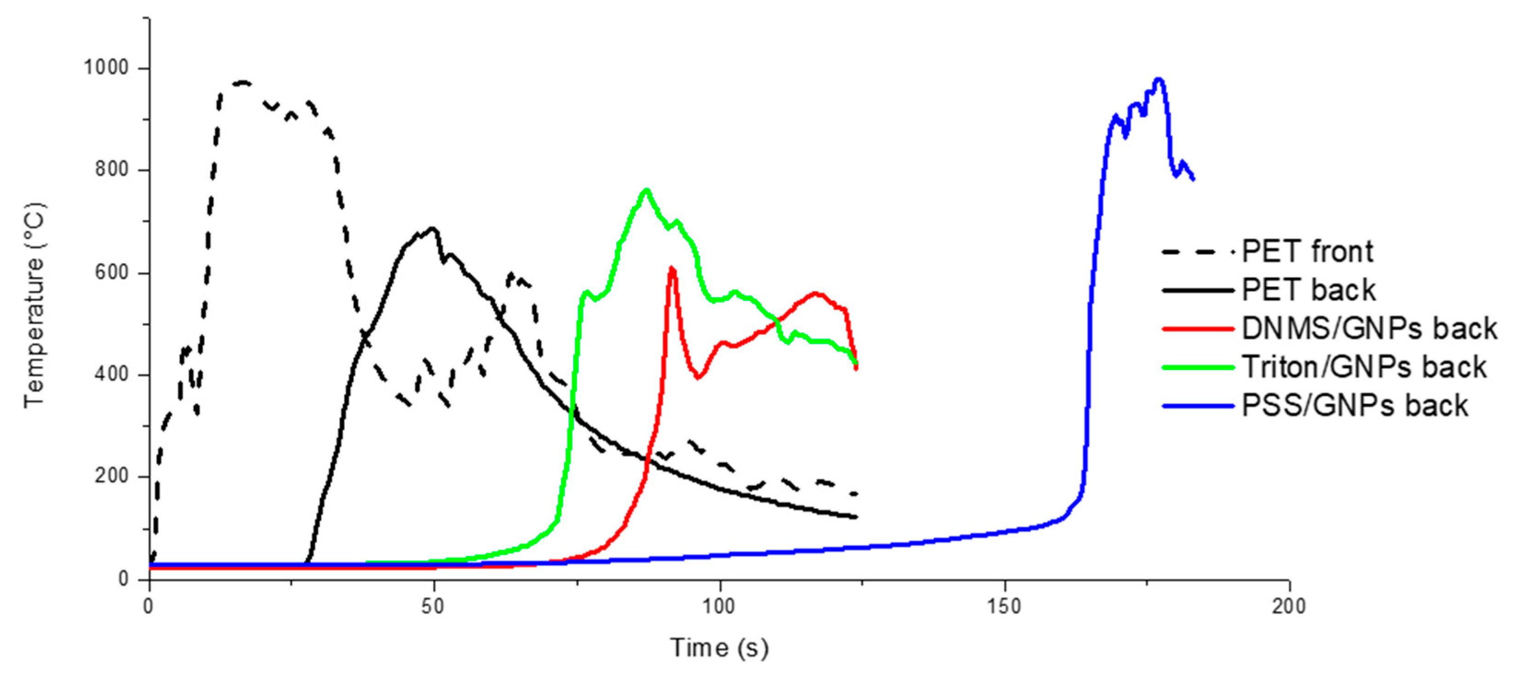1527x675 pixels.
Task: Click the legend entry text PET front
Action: click(1307, 251)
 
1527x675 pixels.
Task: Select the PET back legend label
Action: click(1308, 290)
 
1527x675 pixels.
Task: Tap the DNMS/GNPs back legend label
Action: click(1369, 329)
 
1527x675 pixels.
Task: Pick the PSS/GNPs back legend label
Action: click(1354, 406)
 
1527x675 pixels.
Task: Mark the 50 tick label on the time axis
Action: click(435, 606)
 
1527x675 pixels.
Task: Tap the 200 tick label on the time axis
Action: click(1289, 606)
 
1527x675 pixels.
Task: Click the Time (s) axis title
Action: click(719, 648)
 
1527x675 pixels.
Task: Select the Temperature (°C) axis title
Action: click(35, 305)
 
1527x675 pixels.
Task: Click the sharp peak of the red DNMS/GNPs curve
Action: click(672, 268)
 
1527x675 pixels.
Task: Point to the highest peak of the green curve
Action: click(647, 190)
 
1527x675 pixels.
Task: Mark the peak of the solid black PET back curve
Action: click(433, 228)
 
